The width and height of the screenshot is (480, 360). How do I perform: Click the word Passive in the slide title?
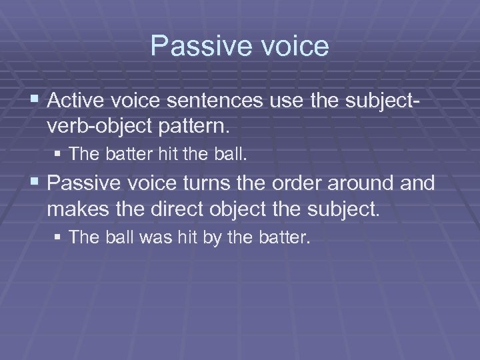(x=193, y=46)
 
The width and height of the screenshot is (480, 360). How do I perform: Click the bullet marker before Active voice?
(x=36, y=101)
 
